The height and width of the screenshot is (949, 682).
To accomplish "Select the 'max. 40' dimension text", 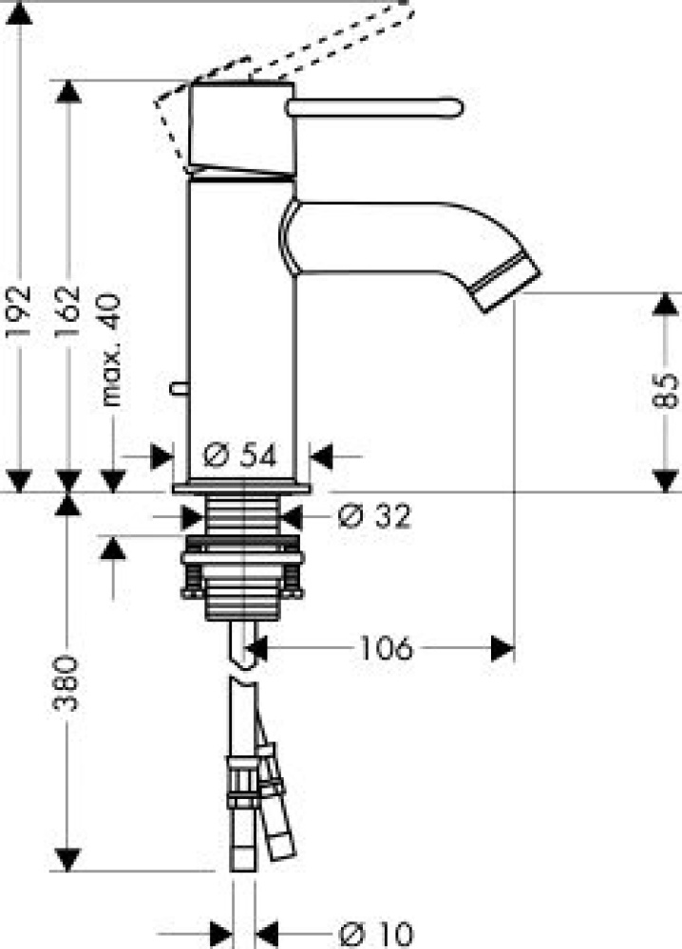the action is [x=111, y=350].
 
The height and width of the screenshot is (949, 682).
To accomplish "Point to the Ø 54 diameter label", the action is [x=240, y=456].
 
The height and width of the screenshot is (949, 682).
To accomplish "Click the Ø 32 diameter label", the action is [x=374, y=516].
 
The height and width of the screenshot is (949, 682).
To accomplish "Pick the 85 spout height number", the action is [x=666, y=391].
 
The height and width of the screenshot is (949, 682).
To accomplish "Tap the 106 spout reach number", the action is [x=387, y=648].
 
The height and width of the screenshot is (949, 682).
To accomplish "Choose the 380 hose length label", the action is [x=66, y=683].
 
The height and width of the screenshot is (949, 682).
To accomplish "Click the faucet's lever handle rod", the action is [x=375, y=108].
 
